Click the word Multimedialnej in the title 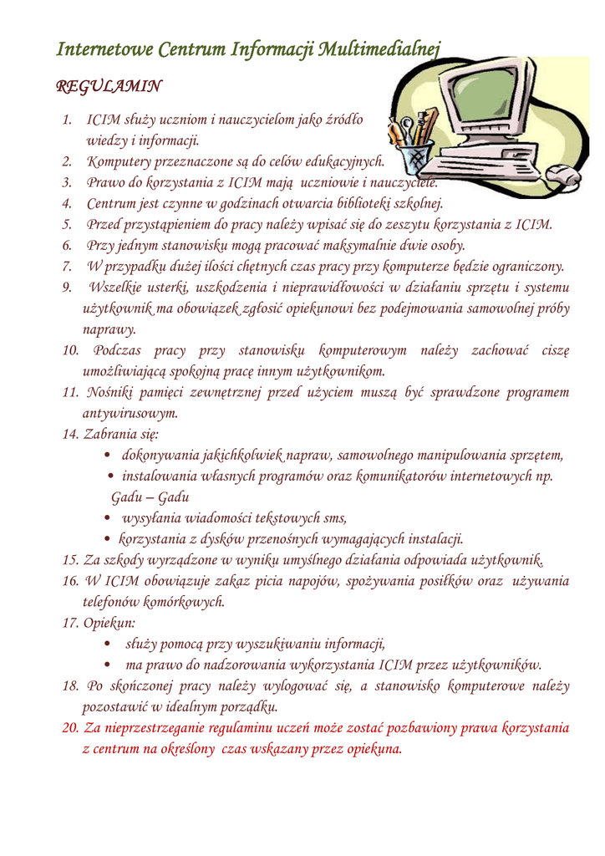(380, 50)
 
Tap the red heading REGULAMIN (109, 87)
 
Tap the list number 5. (67, 224)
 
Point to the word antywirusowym (130, 413)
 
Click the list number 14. (70, 435)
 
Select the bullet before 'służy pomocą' (111, 645)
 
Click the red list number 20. (70, 727)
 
